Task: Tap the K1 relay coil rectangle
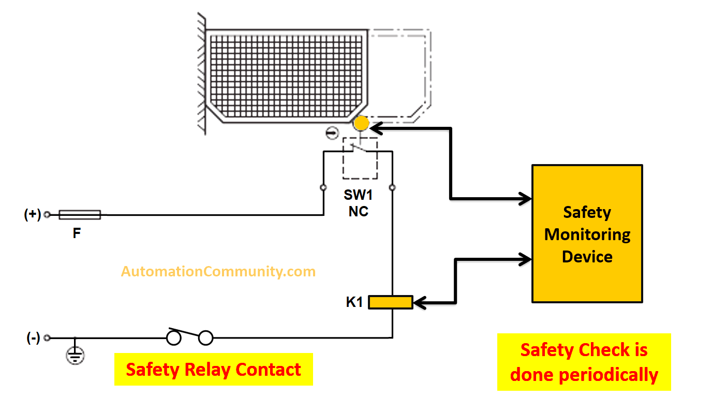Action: pos(390,302)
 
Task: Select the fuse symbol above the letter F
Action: pos(79,214)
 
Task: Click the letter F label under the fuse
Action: pos(77,233)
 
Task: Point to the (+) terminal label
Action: pos(33,214)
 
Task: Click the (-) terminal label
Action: pos(33,338)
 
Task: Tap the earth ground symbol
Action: pos(76,355)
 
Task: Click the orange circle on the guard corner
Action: pos(361,124)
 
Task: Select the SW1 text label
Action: pos(358,196)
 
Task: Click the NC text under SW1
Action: pos(358,211)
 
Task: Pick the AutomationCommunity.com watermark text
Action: pos(218,271)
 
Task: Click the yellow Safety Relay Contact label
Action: pos(213,370)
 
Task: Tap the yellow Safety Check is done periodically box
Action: pos(584,362)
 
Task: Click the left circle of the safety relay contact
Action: pos(173,339)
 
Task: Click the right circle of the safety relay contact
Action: pos(206,339)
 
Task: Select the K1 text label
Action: pos(354,302)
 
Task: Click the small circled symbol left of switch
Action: pos(332,133)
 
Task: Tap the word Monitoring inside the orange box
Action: pos(587,234)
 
